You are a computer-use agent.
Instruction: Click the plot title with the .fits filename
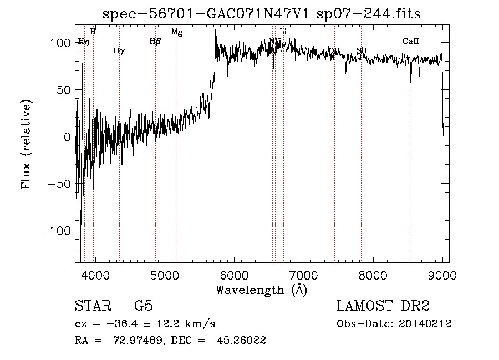coord(262,14)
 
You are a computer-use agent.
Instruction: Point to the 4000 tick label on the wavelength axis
coord(95,275)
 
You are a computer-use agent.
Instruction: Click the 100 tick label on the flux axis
coord(60,43)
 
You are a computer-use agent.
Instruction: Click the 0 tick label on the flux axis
coord(67,136)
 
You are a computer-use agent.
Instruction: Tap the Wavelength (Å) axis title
coord(261,290)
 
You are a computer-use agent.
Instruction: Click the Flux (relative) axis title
coord(26,145)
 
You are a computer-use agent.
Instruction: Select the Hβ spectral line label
coord(155,41)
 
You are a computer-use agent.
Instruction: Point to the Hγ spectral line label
coord(119,51)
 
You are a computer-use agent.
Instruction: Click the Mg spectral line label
coord(177,32)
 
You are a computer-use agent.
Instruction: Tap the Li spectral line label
coord(283,32)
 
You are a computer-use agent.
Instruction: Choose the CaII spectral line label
coord(411,41)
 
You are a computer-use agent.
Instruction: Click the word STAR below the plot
coord(90,306)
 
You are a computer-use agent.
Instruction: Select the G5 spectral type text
coord(144,306)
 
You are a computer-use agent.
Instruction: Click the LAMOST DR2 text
coord(383,306)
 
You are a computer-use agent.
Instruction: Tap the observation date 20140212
coord(425,324)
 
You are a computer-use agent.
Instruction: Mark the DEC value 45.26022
coord(242,341)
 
